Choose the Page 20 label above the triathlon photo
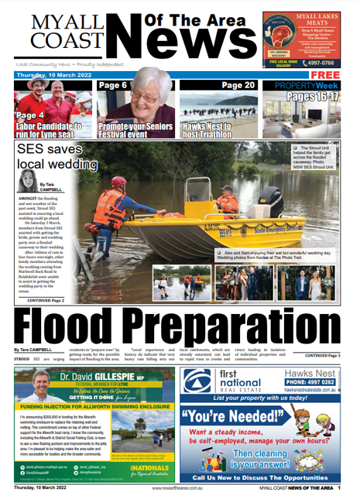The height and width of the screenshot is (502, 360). coord(238,85)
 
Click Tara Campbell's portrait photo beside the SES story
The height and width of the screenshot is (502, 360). coord(23,183)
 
